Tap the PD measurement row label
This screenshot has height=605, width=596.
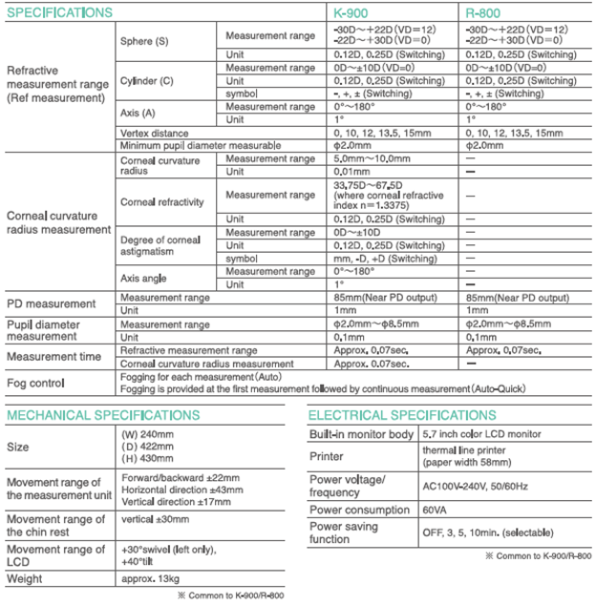50,303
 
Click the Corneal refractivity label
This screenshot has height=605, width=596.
164,202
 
